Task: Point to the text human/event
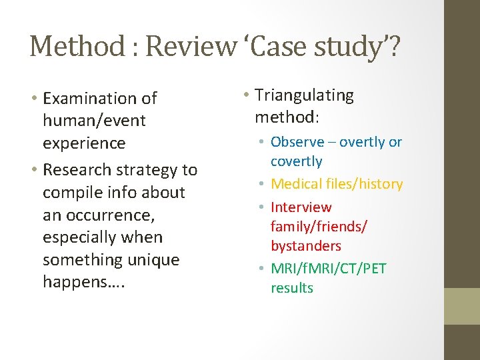(94, 121)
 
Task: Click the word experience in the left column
(84, 143)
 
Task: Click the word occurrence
(103, 215)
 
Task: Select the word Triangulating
(304, 95)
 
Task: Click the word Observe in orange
(297, 142)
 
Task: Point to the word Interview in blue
(301, 207)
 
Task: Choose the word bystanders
(305, 246)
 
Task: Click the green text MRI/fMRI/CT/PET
(328, 269)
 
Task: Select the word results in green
(291, 288)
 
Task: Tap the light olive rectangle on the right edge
(462, 306)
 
